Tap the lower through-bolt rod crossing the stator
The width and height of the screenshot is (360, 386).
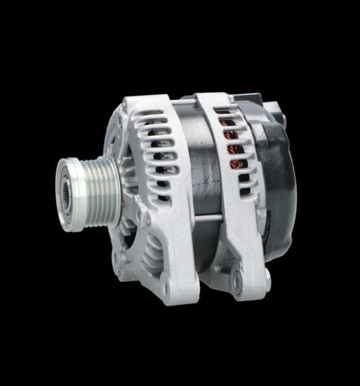pyautogui.click(x=207, y=218)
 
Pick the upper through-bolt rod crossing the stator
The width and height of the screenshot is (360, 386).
pyautogui.click(x=182, y=102)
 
